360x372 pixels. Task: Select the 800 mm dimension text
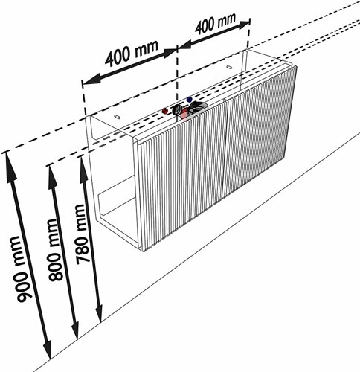point(56,250)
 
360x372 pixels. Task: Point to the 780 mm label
point(83,234)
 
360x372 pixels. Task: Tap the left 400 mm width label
point(131,54)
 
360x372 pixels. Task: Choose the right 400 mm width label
point(215,24)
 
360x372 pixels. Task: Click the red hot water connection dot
point(164,111)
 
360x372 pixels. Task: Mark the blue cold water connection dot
point(190,100)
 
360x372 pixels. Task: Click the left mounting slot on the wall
point(116,116)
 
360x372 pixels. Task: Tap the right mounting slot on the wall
point(229,67)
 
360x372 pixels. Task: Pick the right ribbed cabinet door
point(259,132)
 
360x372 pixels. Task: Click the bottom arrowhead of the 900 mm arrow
point(48,349)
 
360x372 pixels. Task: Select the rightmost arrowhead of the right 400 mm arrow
point(244,25)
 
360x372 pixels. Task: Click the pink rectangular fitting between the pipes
point(184,114)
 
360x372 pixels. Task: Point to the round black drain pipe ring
point(177,109)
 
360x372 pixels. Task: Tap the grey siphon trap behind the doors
point(199,106)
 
